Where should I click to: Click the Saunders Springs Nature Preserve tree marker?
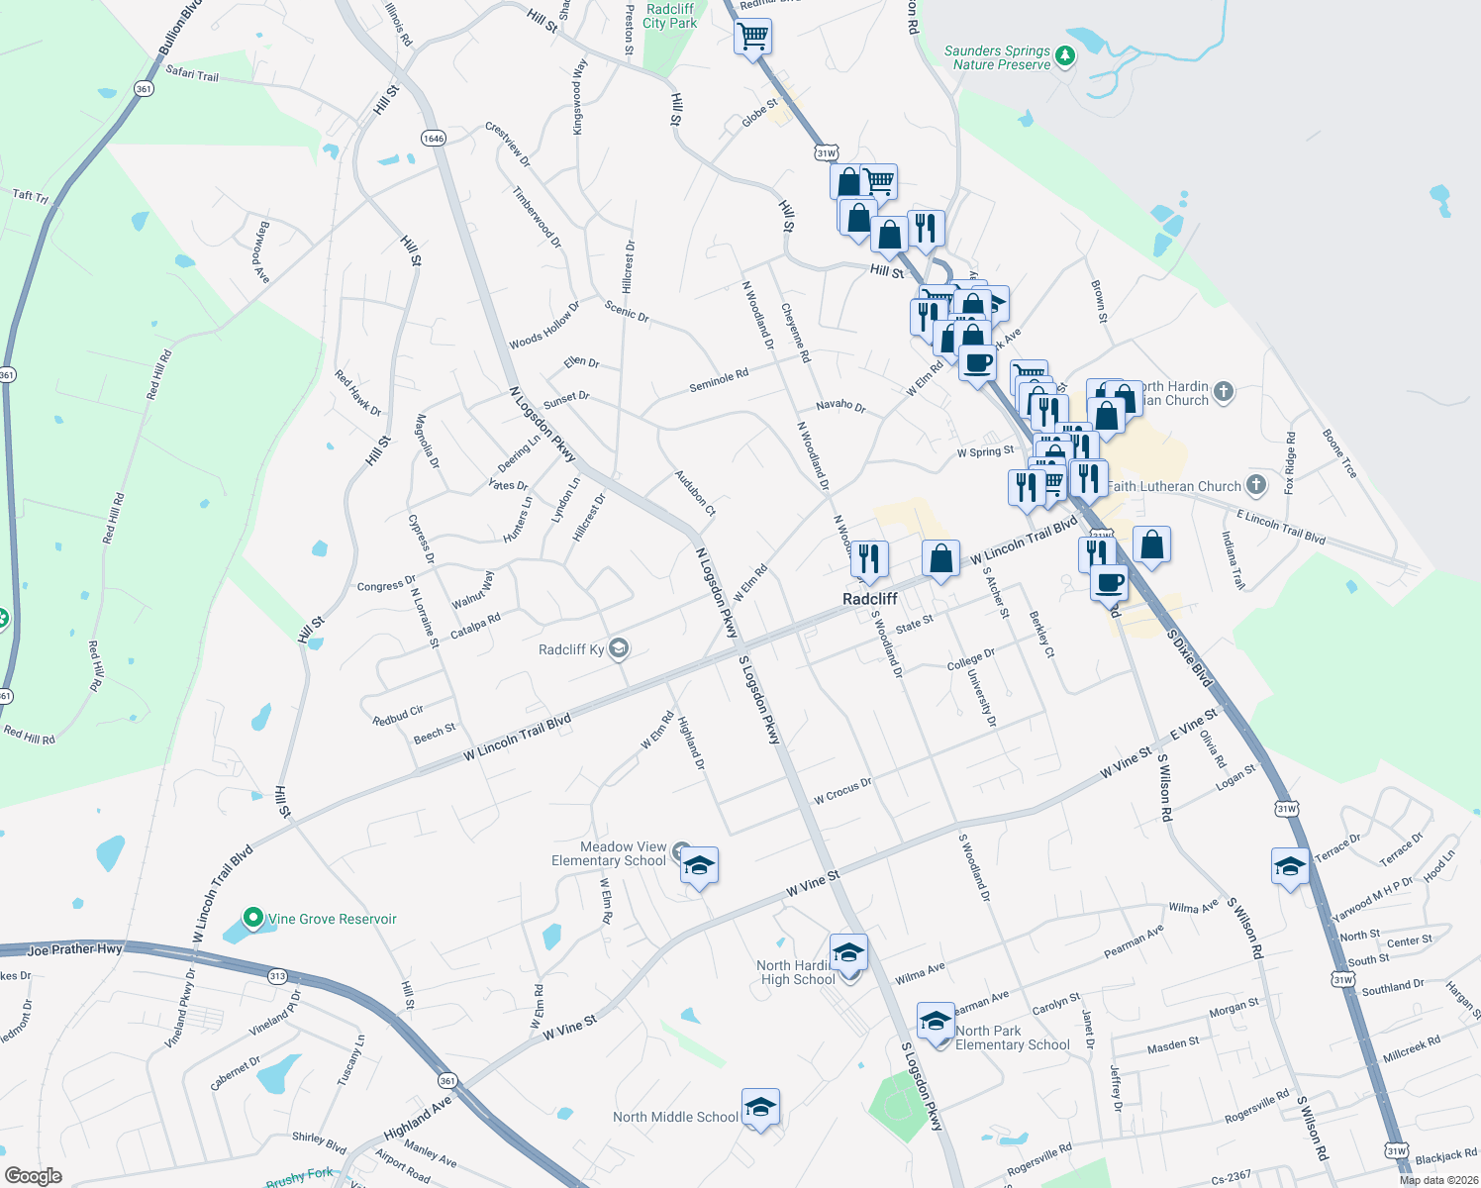[1065, 55]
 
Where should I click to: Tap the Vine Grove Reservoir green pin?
[252, 919]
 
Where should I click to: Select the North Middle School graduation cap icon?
[759, 1107]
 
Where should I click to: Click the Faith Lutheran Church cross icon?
[1256, 485]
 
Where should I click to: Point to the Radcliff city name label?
[869, 599]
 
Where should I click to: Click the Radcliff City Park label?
[670, 16]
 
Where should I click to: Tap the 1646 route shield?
[434, 138]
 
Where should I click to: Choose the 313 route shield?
[277, 976]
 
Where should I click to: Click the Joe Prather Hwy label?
[75, 949]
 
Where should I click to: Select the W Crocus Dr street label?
[842, 790]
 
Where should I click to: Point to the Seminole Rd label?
[719, 380]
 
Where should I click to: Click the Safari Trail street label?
[192, 73]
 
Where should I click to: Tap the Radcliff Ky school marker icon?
[619, 648]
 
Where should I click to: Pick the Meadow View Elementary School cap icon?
[699, 865]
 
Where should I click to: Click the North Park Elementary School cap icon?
[936, 1022]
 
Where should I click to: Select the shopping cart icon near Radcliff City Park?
[753, 38]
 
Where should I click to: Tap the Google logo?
[34, 1176]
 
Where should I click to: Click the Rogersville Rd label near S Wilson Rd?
[1256, 1106]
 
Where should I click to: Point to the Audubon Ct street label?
[695, 492]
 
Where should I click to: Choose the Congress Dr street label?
[386, 585]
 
